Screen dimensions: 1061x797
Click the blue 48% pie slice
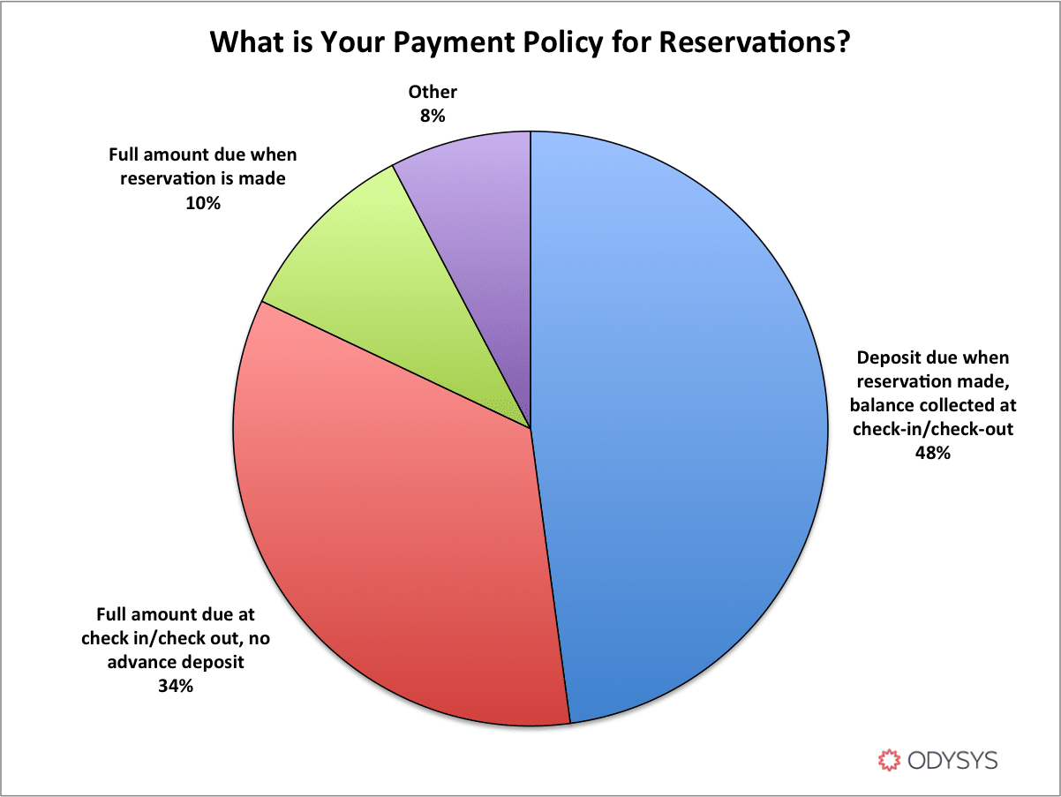tap(677, 425)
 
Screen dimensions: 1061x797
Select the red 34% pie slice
tap(387, 546)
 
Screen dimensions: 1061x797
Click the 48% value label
tap(932, 453)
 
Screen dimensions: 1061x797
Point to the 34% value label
tap(176, 686)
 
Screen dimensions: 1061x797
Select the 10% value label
tap(203, 203)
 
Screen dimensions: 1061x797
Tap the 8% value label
tap(433, 116)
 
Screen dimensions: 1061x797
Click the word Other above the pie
tap(433, 92)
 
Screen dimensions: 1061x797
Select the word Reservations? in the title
tap(755, 41)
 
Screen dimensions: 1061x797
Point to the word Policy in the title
tap(563, 43)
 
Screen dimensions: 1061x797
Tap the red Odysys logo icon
tap(889, 760)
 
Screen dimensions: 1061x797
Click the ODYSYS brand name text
tap(952, 761)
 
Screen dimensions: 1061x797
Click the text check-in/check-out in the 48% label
tap(932, 429)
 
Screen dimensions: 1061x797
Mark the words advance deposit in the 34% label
tap(176, 662)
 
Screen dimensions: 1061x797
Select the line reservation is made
tap(203, 179)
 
